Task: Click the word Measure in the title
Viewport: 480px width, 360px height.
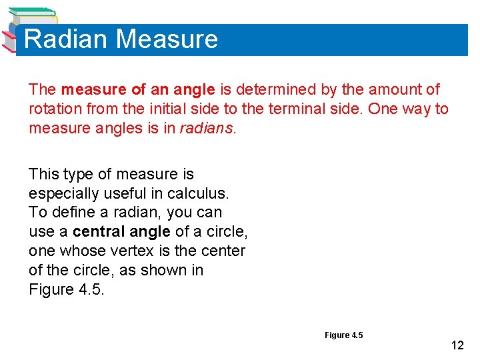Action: (x=167, y=39)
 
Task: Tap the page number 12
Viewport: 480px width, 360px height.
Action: (x=457, y=345)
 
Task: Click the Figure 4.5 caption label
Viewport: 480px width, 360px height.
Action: (x=343, y=335)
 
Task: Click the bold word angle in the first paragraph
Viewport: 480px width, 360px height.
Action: (x=196, y=89)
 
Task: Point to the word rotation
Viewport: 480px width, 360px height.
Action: (x=52, y=109)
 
